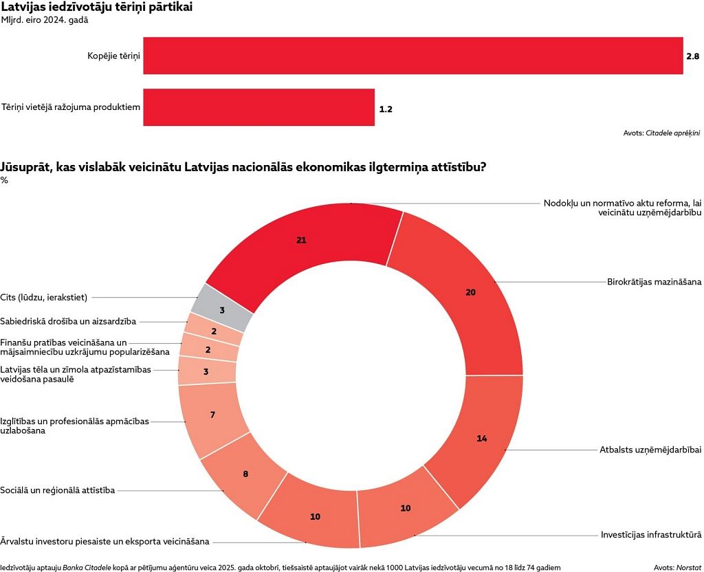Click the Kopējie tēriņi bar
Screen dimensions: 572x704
tap(412, 56)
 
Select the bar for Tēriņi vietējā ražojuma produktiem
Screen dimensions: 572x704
tap(258, 107)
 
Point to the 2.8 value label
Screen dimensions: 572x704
tap(693, 56)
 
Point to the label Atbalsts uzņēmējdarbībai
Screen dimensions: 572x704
tap(650, 450)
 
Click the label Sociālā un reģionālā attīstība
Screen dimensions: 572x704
tap(58, 490)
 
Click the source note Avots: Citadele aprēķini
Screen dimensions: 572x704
tap(661, 133)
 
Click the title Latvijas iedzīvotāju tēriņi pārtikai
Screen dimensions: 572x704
tap(97, 8)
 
